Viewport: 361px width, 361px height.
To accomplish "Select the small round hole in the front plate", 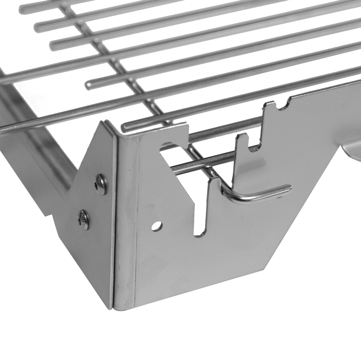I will (x=156, y=226).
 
